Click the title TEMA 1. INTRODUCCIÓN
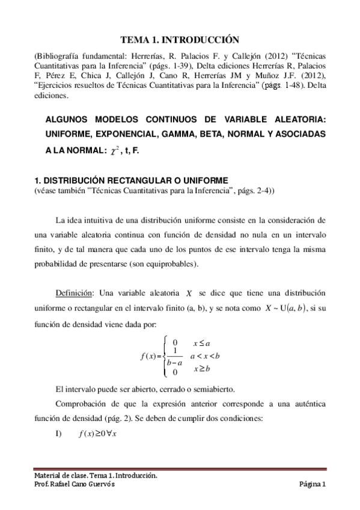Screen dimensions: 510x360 point(180,40)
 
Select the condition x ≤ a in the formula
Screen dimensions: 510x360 point(201,343)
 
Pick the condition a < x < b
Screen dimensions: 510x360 point(205,355)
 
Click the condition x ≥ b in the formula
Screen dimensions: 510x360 point(201,367)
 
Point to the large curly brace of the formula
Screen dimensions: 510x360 point(162,355)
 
